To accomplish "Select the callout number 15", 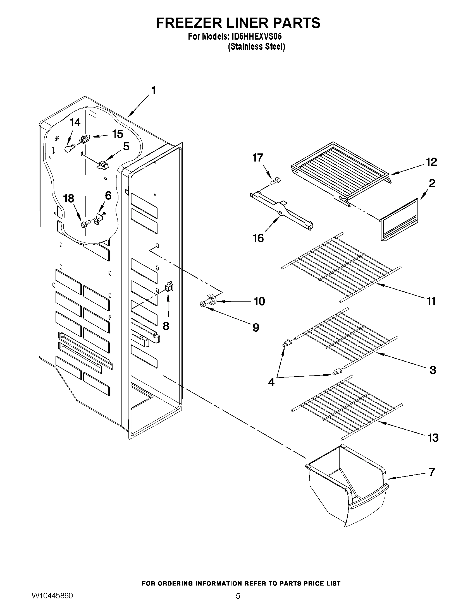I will pos(117,134).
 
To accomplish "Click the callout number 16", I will pos(258,238).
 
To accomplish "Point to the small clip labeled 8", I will pos(169,286).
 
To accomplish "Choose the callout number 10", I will pos(259,301).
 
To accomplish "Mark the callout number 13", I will pos(433,438).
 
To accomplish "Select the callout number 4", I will pos(271,382).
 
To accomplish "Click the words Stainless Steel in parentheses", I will pos(256,47).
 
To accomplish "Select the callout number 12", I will pos(431,162).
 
